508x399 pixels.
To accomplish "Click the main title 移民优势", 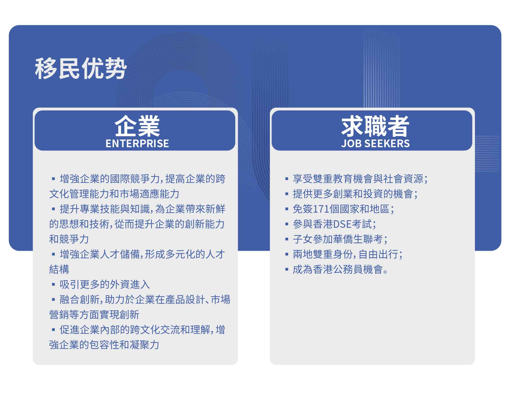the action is (x=81, y=68).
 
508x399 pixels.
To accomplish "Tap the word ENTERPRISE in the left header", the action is (x=137, y=144).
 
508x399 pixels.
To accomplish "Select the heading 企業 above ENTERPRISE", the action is (x=137, y=126).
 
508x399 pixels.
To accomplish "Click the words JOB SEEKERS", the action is (x=375, y=144).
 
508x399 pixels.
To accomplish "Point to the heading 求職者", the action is (x=375, y=126).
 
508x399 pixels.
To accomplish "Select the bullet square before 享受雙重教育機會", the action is (x=287, y=179).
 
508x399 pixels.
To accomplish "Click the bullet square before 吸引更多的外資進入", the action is (x=53, y=285).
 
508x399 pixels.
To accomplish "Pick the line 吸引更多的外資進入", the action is (x=105, y=285).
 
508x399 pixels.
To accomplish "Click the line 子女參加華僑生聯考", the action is (x=340, y=239).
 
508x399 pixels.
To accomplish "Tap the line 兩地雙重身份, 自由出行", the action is (x=348, y=254).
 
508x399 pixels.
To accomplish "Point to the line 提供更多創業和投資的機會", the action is (x=355, y=194).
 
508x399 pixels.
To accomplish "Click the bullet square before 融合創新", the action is (x=53, y=300).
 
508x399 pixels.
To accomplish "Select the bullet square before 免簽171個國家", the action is (x=287, y=209).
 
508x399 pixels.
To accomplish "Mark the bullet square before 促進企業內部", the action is (x=53, y=330).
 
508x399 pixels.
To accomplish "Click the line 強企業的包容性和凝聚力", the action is (x=104, y=345).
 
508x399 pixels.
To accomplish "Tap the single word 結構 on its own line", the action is (x=59, y=270).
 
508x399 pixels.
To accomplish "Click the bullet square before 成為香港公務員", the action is (x=287, y=270).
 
